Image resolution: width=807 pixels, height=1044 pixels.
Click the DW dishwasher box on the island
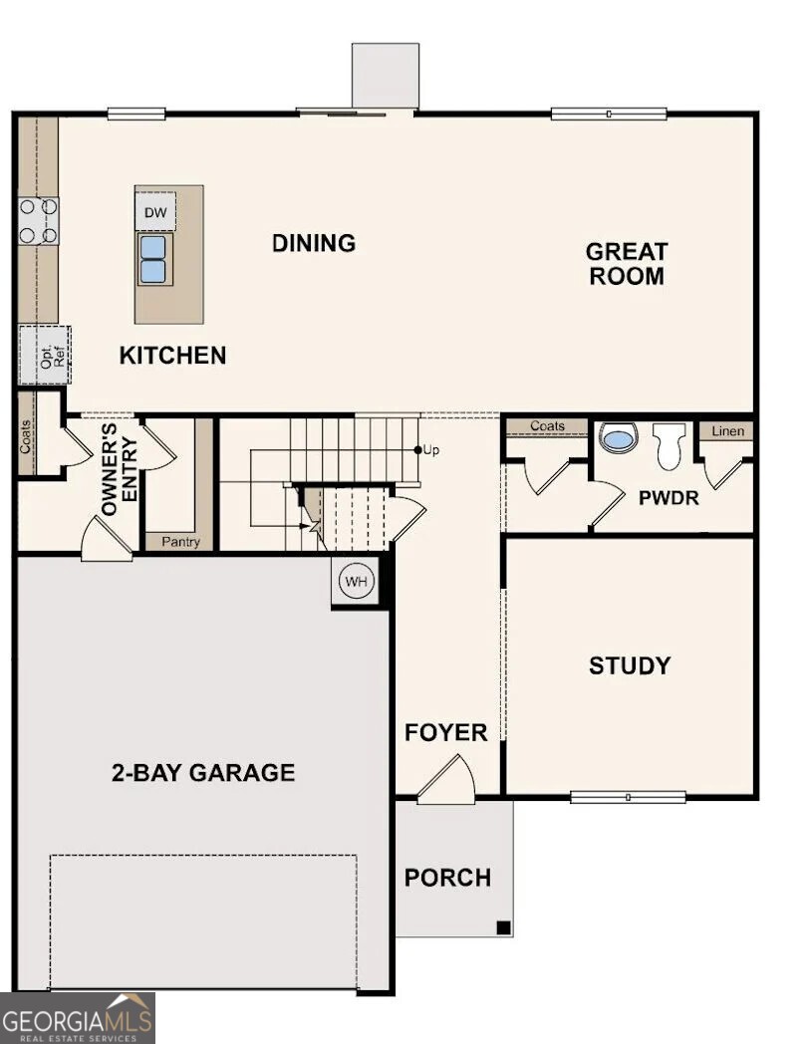pos(155,211)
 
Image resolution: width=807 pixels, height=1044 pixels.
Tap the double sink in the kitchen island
pos(153,259)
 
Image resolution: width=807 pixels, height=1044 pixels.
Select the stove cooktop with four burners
pos(38,221)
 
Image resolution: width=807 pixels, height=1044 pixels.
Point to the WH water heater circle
pos(356,581)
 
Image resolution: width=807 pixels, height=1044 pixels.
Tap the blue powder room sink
pos(619,437)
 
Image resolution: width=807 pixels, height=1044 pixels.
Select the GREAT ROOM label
pos(626,264)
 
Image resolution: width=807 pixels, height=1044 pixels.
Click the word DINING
pos(314,243)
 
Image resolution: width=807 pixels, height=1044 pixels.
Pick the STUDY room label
pos(629,665)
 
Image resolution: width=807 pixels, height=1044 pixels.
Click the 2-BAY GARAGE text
pos(202,772)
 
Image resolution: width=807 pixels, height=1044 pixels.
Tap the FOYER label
pos(445,733)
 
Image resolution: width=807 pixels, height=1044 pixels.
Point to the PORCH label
pos(447,878)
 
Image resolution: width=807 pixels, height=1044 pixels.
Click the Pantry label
pos(180,543)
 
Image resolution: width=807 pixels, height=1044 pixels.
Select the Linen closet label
pos(725,431)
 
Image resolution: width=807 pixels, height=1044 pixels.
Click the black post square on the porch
pos(503,927)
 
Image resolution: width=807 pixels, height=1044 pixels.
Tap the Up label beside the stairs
pos(430,450)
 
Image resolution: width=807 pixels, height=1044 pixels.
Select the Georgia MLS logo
pos(78,1017)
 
